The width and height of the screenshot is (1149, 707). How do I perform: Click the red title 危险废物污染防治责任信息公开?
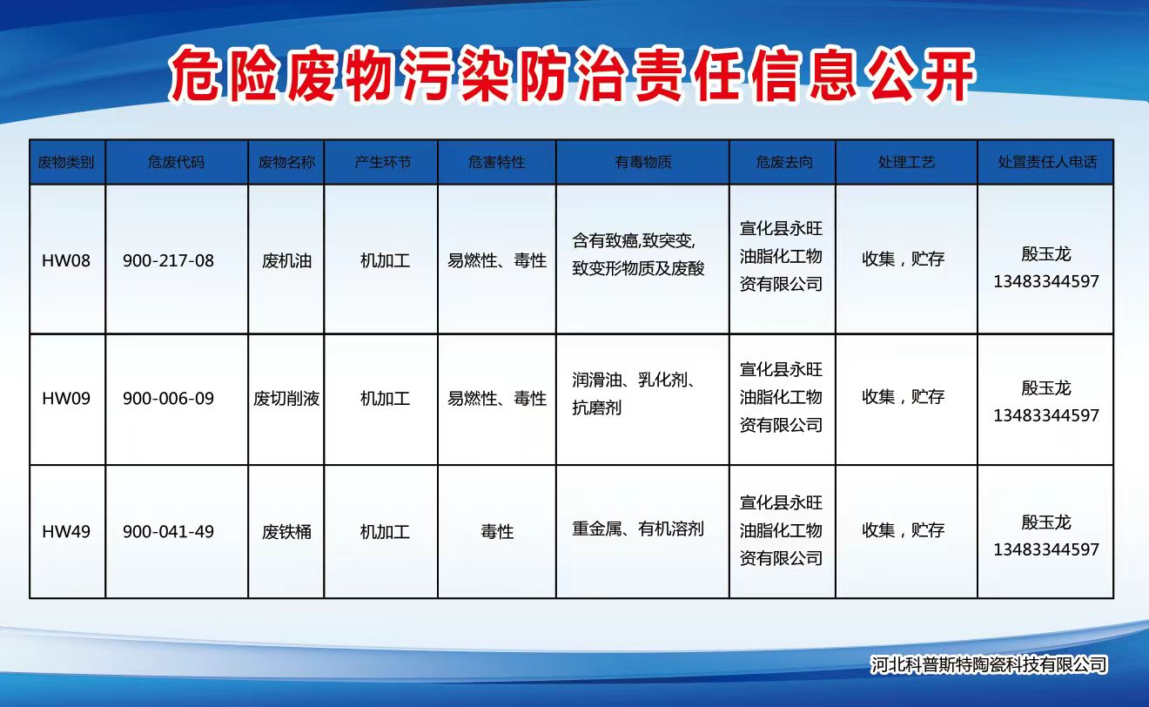tap(572, 76)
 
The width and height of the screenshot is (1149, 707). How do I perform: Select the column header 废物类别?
tap(66, 162)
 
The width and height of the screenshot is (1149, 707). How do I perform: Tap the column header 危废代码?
tap(176, 162)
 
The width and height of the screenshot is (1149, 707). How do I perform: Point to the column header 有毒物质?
tap(642, 162)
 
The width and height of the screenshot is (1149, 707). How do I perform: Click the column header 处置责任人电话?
tap(1047, 162)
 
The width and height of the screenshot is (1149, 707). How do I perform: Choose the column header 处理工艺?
tap(906, 162)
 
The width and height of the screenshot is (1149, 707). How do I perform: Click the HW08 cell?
tap(66, 260)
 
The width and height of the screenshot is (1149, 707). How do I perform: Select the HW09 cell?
tap(66, 398)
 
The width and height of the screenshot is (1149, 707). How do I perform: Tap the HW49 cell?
tap(66, 531)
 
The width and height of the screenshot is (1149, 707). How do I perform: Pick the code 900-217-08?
tap(168, 260)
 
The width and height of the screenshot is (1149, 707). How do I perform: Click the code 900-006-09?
tap(168, 398)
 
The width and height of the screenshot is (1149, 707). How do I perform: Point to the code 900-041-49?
tap(168, 531)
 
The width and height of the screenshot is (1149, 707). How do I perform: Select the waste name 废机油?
tap(286, 260)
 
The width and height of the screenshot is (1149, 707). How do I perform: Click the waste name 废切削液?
tap(286, 398)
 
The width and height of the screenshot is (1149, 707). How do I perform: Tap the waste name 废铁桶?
tap(286, 531)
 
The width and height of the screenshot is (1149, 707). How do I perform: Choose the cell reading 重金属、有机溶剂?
tap(638, 529)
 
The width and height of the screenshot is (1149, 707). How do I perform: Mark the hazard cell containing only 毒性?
tap(497, 531)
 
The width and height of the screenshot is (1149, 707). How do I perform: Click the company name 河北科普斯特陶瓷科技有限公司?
tap(989, 665)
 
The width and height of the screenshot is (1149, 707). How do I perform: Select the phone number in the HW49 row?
tap(1046, 549)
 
